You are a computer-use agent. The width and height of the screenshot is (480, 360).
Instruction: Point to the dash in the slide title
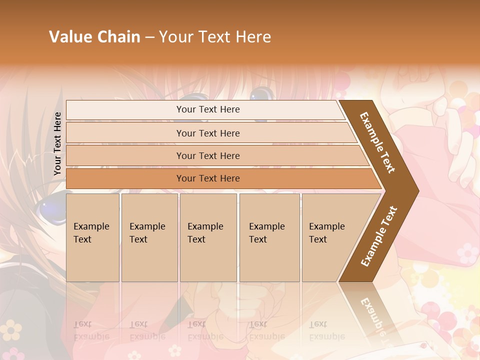coord(149,37)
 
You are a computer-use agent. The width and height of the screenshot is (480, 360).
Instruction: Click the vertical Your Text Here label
coord(57,143)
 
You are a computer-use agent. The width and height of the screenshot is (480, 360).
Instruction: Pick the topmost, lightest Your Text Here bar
coord(207,110)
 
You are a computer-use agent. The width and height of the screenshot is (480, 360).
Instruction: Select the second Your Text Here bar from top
coord(207,133)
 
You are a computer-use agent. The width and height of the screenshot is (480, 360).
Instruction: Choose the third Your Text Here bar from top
coord(207,156)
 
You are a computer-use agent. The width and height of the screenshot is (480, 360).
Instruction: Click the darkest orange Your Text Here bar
coord(207,178)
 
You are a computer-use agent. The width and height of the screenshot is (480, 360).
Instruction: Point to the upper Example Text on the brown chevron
coord(378,142)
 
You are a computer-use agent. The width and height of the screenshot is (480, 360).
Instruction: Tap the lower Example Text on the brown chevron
coord(378,236)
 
